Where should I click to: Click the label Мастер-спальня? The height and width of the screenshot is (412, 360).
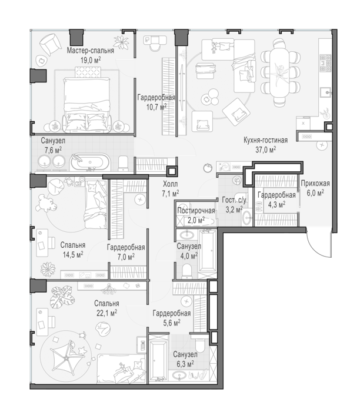click(91, 51)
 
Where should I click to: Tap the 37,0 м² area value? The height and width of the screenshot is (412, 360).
click(266, 149)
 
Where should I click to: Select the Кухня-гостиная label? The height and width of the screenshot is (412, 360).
click(265, 140)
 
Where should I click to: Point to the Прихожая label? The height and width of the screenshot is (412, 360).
click(315, 184)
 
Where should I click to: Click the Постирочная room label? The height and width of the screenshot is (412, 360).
click(196, 211)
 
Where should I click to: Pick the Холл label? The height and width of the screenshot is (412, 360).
click(170, 184)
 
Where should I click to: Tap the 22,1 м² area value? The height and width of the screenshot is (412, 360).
click(107, 313)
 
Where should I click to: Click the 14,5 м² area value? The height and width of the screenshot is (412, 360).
click(73, 254)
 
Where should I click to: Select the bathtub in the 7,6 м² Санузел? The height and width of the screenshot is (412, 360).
click(89, 162)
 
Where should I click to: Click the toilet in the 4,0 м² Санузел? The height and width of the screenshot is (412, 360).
click(187, 271)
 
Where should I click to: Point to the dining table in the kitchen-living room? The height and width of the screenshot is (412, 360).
click(281, 71)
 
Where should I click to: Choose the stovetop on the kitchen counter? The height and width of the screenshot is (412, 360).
click(325, 63)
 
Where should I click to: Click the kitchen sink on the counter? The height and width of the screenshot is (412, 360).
click(326, 92)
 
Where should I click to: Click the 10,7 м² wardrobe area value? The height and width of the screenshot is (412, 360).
click(156, 107)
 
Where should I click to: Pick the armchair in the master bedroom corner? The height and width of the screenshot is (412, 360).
click(50, 44)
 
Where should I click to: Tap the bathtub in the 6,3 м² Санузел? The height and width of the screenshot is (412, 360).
click(157, 357)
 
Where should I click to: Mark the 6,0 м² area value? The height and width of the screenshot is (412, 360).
click(315, 193)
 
